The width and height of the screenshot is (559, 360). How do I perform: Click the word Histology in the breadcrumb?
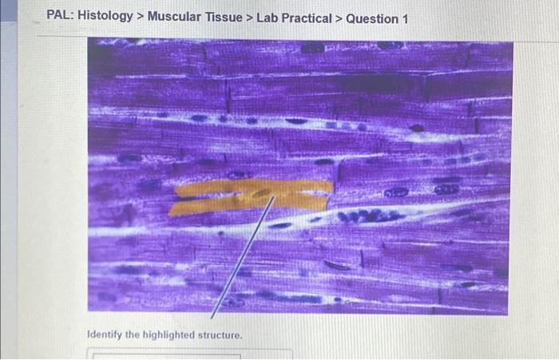(105, 17)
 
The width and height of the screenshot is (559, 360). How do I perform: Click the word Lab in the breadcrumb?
(268, 17)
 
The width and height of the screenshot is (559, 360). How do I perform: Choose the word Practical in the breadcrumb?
(305, 17)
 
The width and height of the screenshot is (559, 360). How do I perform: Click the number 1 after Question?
(404, 17)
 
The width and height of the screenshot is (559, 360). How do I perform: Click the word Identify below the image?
(105, 334)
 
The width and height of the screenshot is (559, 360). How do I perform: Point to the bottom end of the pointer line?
(212, 318)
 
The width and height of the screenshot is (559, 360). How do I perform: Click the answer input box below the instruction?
(168, 354)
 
